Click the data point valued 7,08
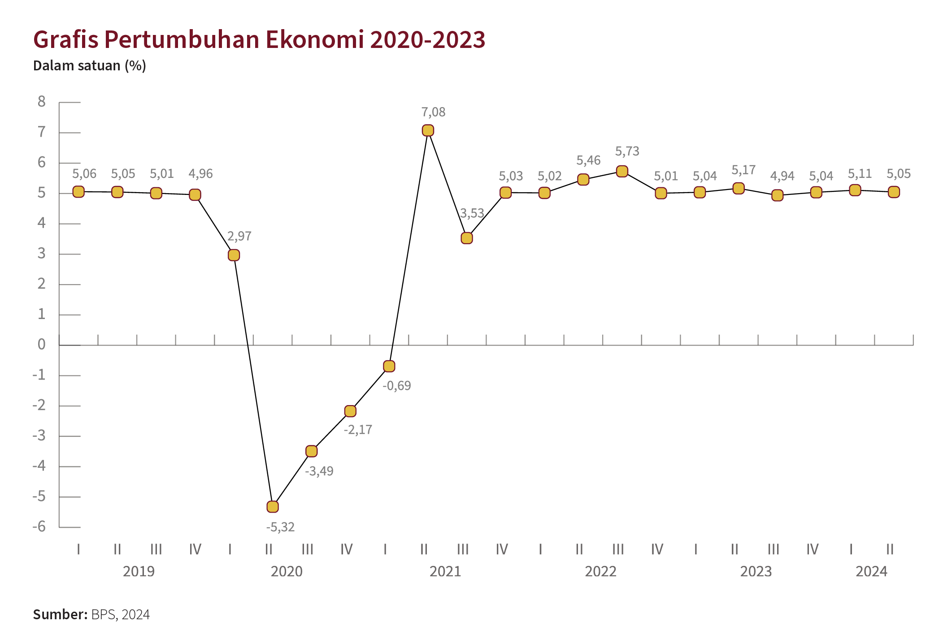pos(428,130)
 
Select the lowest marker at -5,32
pos(273,507)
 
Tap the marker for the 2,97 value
pos(234,255)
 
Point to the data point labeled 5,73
pos(622,171)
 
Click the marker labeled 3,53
pos(467,238)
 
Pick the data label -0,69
pos(396,386)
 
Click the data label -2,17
pos(358,430)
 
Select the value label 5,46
pos(588,160)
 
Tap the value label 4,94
pos(782,176)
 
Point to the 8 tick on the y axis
pos(42,102)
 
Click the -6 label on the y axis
pos(39,526)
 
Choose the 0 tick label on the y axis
pos(42,345)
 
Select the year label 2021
pos(445,572)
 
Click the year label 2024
pos(871,572)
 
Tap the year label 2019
pos(139,572)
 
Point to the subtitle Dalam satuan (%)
pos(90,66)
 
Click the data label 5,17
pos(743,170)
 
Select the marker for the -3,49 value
pos(312,451)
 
